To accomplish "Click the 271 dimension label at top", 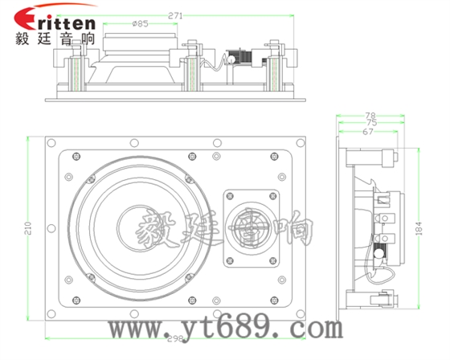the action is point(175,16).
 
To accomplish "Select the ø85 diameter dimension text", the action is point(141,23).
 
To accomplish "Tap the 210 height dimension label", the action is point(29,228).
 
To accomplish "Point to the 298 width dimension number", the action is point(175,339).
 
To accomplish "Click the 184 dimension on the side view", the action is point(419,228).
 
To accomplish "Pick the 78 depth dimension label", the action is point(370,116).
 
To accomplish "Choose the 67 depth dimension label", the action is point(368,132).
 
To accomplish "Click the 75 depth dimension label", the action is point(371,123).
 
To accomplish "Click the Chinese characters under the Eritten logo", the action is point(55,39).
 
